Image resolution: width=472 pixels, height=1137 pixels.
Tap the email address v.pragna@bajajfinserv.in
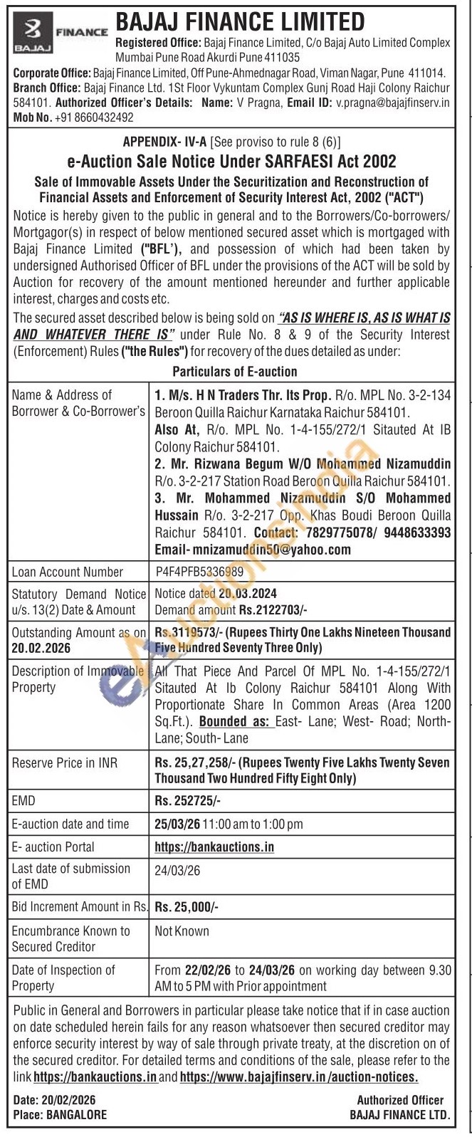tap(393, 102)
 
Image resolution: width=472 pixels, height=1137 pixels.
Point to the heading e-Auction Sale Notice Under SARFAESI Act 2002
tap(231, 162)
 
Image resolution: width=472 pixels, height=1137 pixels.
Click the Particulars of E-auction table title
tap(234, 372)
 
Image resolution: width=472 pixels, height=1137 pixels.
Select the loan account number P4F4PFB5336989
tap(199, 572)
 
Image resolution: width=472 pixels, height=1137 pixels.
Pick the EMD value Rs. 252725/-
tap(188, 801)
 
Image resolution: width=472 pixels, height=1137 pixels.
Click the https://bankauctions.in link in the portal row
tap(214, 847)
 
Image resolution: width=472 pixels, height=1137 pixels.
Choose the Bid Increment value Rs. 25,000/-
tap(187, 906)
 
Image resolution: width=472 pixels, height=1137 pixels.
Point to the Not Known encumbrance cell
tap(182, 931)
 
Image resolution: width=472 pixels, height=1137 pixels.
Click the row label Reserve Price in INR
tap(65, 763)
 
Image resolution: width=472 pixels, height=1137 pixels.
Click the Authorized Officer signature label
tap(400, 1100)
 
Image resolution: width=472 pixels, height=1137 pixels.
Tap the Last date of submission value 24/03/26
tap(177, 870)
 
